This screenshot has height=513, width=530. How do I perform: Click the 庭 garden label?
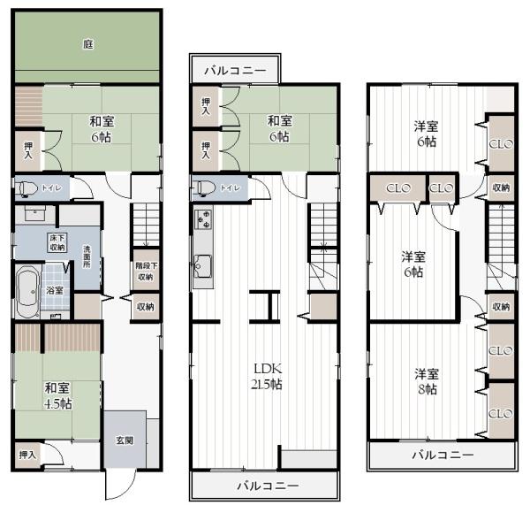(88, 43)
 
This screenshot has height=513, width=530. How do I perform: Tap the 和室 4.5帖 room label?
(58, 394)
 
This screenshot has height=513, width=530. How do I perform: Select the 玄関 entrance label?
(124, 440)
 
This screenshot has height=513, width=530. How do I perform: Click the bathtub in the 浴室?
(27, 289)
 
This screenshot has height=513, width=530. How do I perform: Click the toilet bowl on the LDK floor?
(204, 188)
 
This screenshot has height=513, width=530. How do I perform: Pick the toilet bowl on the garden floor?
(26, 188)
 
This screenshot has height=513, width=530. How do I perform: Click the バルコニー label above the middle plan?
(236, 70)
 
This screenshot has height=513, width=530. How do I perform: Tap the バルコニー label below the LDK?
(268, 486)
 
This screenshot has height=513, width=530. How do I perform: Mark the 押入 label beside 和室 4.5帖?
(28, 455)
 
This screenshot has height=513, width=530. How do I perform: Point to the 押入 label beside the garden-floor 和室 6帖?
(28, 148)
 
